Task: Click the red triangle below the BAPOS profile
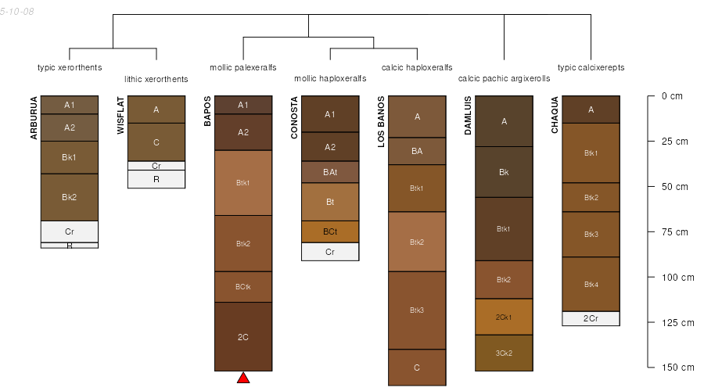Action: click(x=243, y=378)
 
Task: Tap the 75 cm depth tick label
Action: click(x=672, y=232)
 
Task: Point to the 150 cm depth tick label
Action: click(x=674, y=368)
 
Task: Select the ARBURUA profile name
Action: click(x=34, y=118)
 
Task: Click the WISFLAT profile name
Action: click(x=120, y=116)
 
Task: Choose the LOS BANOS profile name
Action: click(x=382, y=121)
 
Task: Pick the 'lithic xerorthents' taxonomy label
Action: click(x=156, y=79)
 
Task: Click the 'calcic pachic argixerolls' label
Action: click(x=504, y=78)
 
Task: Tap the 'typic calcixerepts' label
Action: click(x=591, y=67)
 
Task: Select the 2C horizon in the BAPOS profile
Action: click(x=243, y=337)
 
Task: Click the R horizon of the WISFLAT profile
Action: click(x=156, y=179)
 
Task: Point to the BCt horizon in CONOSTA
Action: click(x=330, y=231)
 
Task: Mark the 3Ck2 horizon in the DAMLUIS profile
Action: click(x=504, y=353)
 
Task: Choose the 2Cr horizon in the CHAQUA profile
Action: click(x=591, y=318)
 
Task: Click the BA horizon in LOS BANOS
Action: click(x=417, y=151)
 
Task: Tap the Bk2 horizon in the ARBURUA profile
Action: click(x=70, y=196)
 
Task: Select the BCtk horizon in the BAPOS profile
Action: click(x=243, y=286)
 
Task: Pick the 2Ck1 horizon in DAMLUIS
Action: click(x=504, y=317)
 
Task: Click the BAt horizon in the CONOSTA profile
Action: click(x=330, y=171)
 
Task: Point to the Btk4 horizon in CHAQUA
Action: click(x=591, y=284)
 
